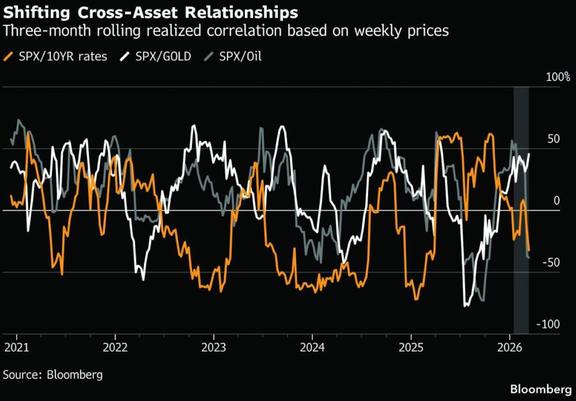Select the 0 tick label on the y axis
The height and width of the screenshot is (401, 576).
tap(557, 200)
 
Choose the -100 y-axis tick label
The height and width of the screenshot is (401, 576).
tap(548, 324)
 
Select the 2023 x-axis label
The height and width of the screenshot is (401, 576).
tap(214, 348)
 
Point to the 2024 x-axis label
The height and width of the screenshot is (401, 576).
tap(312, 348)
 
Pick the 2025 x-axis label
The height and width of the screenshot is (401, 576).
tap(410, 348)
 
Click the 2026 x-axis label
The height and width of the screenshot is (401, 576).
tap(509, 348)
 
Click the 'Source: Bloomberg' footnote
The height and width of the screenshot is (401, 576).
tap(53, 374)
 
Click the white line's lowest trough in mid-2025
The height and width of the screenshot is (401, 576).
tap(465, 306)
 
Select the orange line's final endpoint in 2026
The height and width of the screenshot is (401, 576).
tap(529, 251)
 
